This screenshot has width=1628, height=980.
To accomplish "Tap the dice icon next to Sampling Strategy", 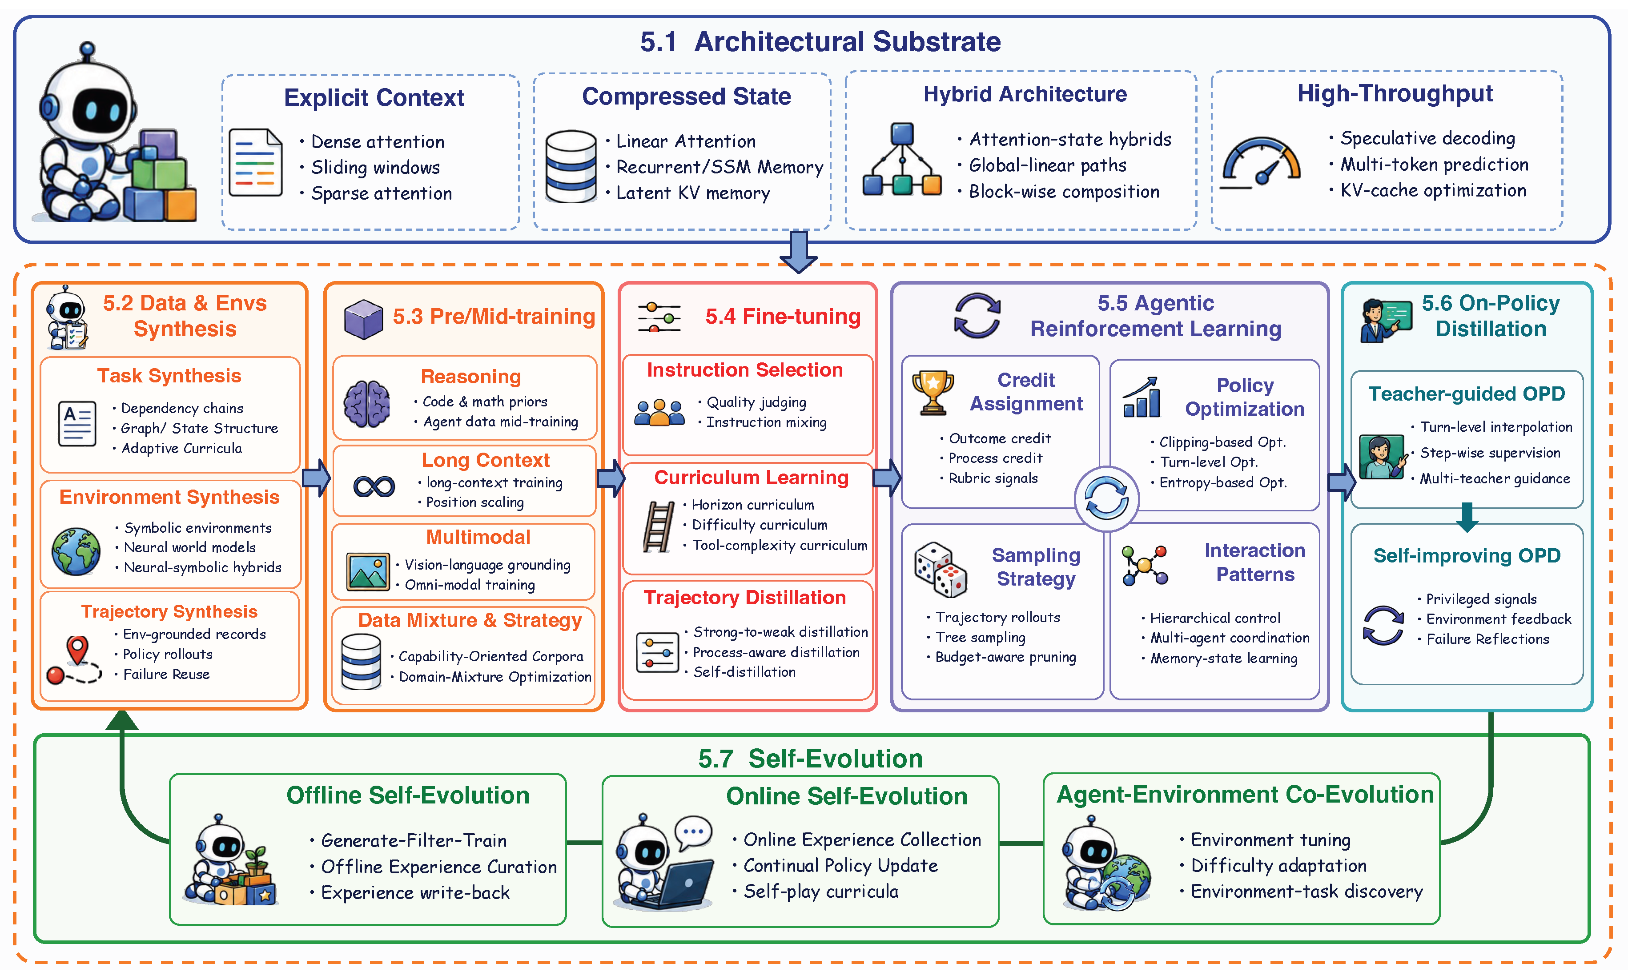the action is (940, 569).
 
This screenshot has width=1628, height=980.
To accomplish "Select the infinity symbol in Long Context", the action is (374, 487).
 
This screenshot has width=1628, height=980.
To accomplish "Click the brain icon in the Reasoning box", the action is (366, 403).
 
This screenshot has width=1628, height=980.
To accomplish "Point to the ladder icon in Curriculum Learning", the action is (659, 526).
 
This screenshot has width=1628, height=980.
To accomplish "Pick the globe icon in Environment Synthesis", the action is (76, 551).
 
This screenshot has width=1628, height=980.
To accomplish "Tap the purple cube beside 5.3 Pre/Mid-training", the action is (363, 319).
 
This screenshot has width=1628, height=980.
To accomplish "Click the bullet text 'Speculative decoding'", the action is (1427, 138).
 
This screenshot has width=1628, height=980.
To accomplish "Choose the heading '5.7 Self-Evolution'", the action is (810, 758).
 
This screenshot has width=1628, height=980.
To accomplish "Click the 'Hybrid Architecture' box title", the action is (1025, 94).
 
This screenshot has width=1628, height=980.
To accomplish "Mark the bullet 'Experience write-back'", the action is (415, 893).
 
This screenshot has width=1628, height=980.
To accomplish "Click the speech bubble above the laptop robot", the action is (693, 832).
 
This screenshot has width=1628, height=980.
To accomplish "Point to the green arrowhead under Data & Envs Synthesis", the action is (122, 720).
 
